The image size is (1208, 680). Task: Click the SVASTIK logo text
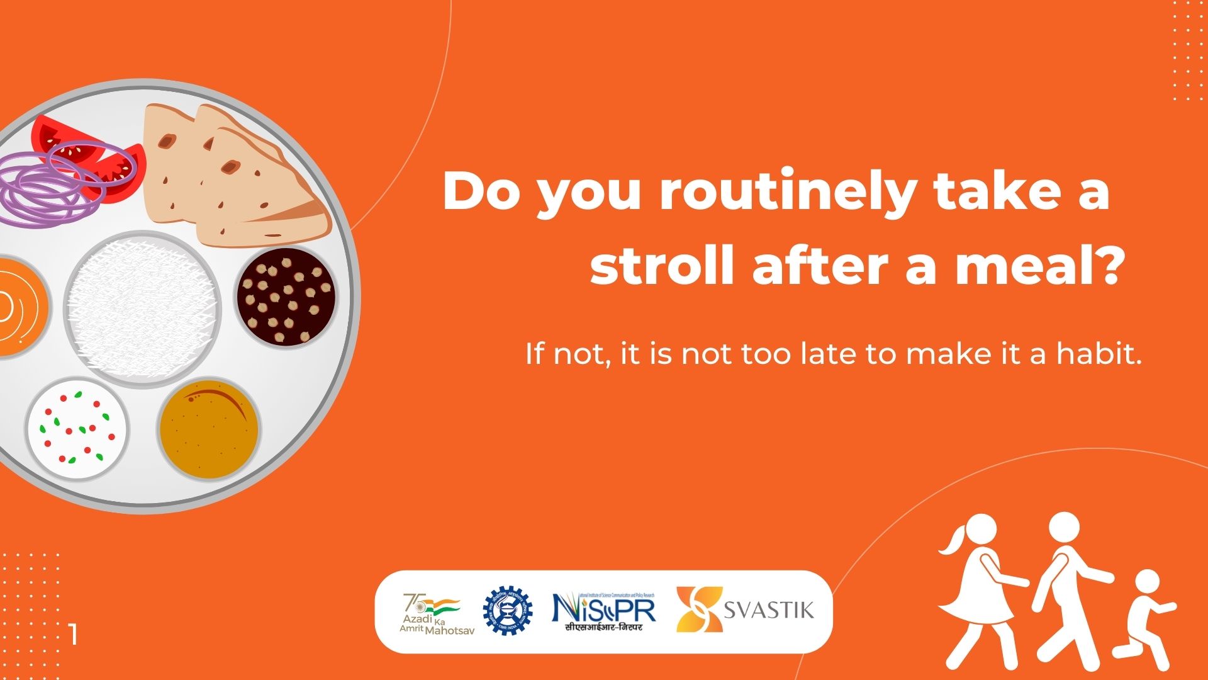pos(768,609)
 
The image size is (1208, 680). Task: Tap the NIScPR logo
pos(603,610)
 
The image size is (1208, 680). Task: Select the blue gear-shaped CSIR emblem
pos(507,610)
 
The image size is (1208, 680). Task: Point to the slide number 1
pos(74,634)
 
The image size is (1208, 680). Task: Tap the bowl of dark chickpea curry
pos(286,297)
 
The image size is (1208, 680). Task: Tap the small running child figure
pos(1143,620)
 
